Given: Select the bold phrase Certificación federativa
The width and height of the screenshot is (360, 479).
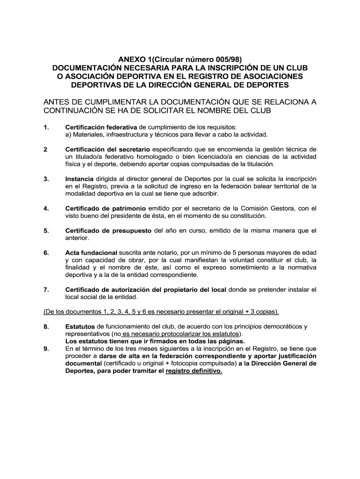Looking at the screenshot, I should coord(101,127).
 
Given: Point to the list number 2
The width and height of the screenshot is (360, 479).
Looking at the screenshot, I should coord(45,149).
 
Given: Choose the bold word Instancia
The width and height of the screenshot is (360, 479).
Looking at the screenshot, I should coord(79,179).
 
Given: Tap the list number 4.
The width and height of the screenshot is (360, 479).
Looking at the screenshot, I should coord(46,208).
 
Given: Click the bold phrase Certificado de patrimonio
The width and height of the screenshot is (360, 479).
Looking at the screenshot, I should coord(106,208).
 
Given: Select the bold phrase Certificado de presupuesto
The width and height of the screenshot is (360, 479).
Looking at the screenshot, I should coord(108,231).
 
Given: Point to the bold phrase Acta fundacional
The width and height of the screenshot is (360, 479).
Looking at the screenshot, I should coord(91,253).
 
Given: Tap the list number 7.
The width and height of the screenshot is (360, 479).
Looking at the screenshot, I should coord(46,290).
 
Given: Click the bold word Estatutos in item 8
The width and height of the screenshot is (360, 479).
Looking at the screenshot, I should coord(80,326).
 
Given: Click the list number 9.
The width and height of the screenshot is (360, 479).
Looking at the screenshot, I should coord(46,348).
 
